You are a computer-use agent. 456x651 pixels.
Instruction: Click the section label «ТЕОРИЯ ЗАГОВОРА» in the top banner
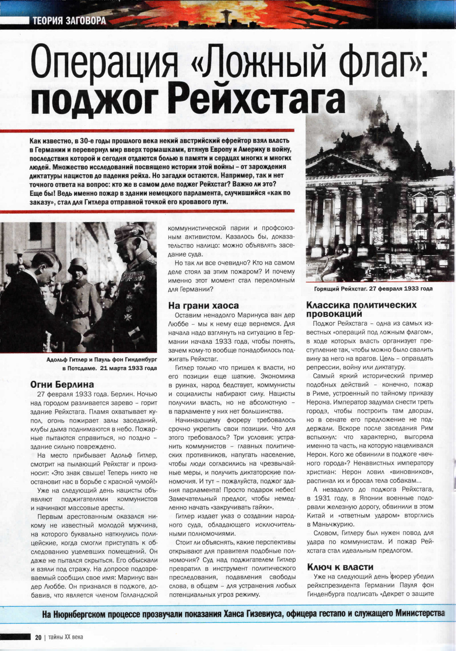[x=69, y=21]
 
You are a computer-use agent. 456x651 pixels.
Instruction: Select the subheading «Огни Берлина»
[x=62, y=385]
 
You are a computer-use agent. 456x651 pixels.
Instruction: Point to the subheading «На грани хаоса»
[x=203, y=305]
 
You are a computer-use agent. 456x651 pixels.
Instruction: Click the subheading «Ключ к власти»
[x=340, y=567]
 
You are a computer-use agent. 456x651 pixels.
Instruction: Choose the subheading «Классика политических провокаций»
[x=361, y=309]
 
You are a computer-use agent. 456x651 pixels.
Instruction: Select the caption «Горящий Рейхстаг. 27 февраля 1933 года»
[x=373, y=289]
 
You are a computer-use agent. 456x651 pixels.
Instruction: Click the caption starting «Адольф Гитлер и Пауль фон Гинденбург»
[x=101, y=364]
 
